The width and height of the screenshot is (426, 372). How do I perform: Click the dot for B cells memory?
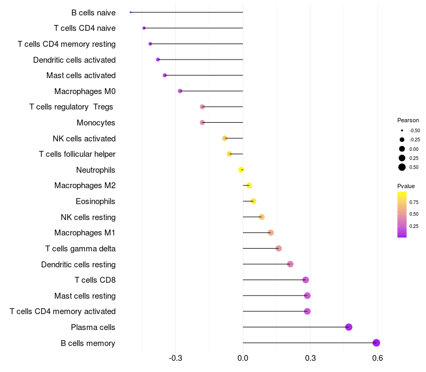click(376, 343)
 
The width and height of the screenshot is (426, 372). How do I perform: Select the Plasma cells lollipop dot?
click(349, 327)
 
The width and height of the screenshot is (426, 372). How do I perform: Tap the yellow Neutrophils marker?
click(241, 170)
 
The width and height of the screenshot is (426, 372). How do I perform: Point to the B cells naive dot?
click(130, 12)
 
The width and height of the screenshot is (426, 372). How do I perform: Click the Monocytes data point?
click(202, 123)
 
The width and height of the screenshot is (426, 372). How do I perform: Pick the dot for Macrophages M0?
click(180, 91)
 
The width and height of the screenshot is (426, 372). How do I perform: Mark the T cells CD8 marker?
click(305, 280)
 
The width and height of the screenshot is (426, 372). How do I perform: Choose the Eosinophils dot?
click(253, 201)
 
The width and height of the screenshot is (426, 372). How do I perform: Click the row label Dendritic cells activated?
click(74, 60)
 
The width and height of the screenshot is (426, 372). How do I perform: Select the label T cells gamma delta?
click(80, 249)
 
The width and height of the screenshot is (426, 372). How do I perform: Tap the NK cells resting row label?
click(88, 217)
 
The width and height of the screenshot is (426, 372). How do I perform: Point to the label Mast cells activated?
click(81, 75)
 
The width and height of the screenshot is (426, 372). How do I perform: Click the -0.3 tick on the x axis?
click(175, 358)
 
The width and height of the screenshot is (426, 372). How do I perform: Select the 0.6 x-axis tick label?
click(378, 358)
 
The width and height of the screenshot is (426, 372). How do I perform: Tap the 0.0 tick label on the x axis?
click(243, 358)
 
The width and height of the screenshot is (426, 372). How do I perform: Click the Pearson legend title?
click(408, 120)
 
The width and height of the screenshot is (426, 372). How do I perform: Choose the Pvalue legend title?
click(406, 186)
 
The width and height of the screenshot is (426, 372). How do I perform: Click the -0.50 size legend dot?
click(402, 130)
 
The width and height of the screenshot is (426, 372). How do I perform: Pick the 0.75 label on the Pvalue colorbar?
click(414, 202)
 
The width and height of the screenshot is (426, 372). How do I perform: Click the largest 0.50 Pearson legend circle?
click(402, 167)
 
